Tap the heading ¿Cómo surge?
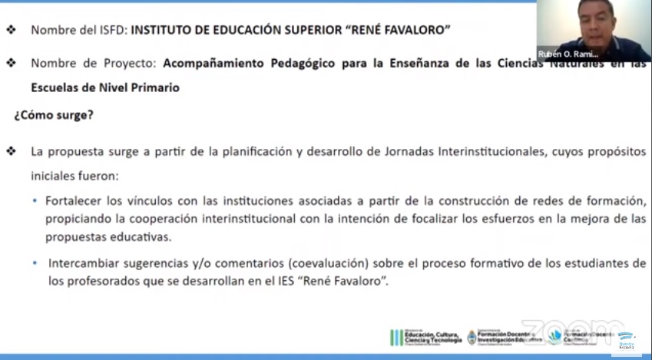coord(54,117)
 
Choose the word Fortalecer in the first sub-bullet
coord(74,201)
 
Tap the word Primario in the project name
coord(157,88)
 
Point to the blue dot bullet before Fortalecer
coord(35,201)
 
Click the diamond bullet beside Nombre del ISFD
coord(10,31)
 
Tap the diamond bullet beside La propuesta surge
coord(10,150)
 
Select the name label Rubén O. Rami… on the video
coord(569,54)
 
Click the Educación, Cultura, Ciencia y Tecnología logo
coord(426,336)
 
